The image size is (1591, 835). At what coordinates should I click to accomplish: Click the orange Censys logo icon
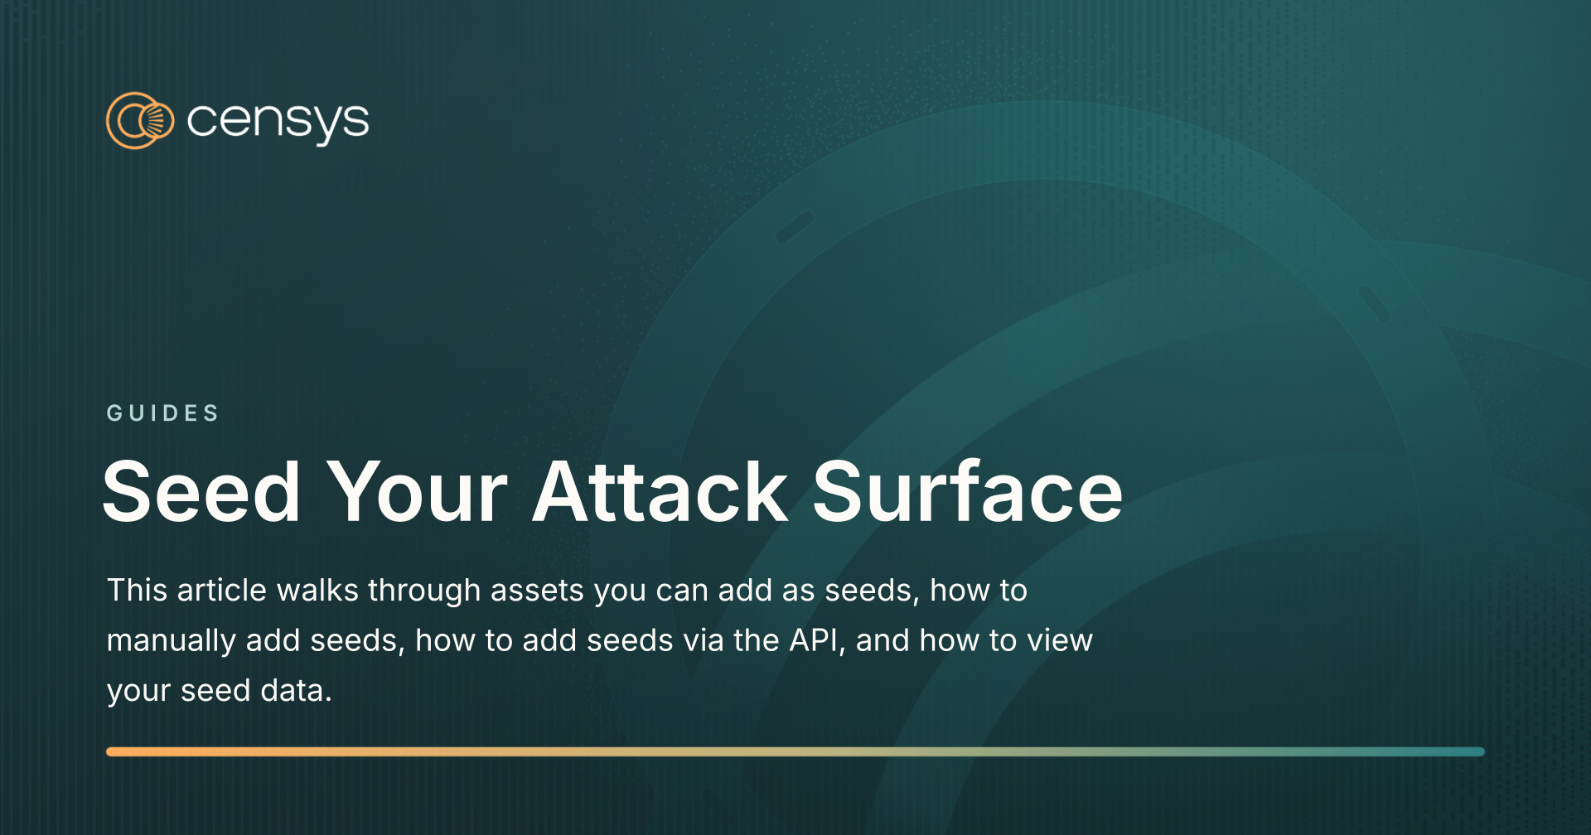[x=140, y=121]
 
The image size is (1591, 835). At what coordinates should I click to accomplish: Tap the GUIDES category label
[x=162, y=413]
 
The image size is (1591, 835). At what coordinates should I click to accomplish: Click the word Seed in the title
[x=201, y=492]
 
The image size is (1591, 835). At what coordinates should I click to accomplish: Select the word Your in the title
[x=417, y=492]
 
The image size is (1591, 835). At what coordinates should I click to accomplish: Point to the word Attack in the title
[x=660, y=492]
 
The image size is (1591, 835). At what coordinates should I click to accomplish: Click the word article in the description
[x=221, y=590]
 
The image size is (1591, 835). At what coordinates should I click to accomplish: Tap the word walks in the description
[x=317, y=590]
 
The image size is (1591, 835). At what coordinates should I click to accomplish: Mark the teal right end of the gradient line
[x=1481, y=751]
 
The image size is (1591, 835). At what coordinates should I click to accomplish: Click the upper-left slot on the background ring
[x=795, y=227]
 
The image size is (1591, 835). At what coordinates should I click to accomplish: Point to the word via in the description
[x=704, y=640]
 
